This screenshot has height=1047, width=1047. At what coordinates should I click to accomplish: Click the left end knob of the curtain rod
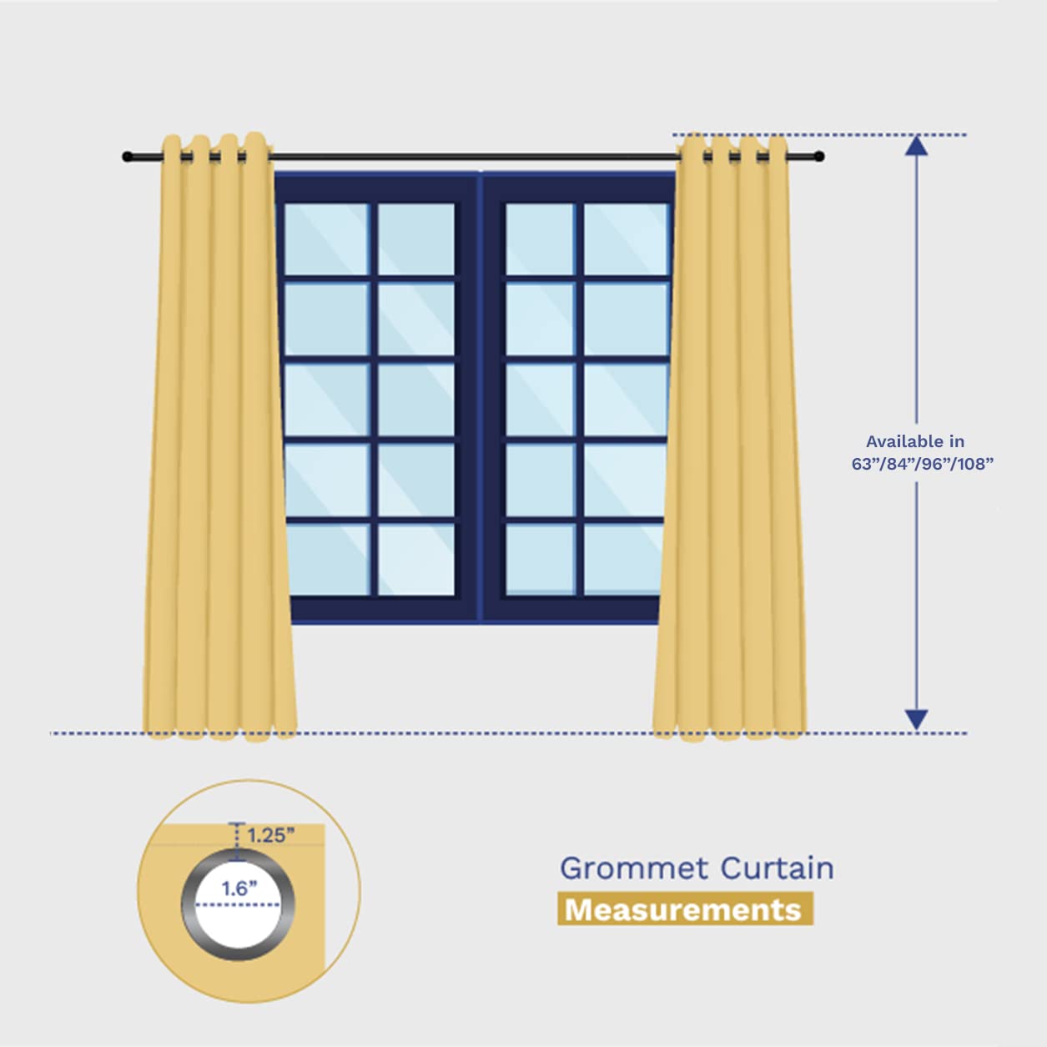128,157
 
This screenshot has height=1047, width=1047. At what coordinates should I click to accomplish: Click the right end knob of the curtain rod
819,157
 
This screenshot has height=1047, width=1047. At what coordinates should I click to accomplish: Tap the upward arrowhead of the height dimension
916,146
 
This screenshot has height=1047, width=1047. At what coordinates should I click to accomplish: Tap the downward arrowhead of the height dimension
916,719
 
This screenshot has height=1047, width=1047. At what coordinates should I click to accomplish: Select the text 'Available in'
914,441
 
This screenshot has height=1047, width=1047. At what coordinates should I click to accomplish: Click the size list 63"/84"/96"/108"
922,464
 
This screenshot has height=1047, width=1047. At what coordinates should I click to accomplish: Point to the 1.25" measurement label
271,835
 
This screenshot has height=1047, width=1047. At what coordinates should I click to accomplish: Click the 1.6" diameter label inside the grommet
239,888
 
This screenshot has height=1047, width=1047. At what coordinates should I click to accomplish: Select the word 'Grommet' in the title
634,868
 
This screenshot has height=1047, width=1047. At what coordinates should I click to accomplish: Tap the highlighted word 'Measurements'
683,909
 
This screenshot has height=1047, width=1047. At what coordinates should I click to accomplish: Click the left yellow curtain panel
219,434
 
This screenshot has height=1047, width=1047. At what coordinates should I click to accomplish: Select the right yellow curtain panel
732,434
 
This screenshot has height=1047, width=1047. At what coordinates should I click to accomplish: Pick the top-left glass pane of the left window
326,239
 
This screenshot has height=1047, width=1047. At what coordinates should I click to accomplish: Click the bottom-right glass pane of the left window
416,559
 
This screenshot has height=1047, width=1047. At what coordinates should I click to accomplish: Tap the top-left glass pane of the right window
540,239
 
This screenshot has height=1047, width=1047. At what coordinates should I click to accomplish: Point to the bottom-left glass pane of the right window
540,559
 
